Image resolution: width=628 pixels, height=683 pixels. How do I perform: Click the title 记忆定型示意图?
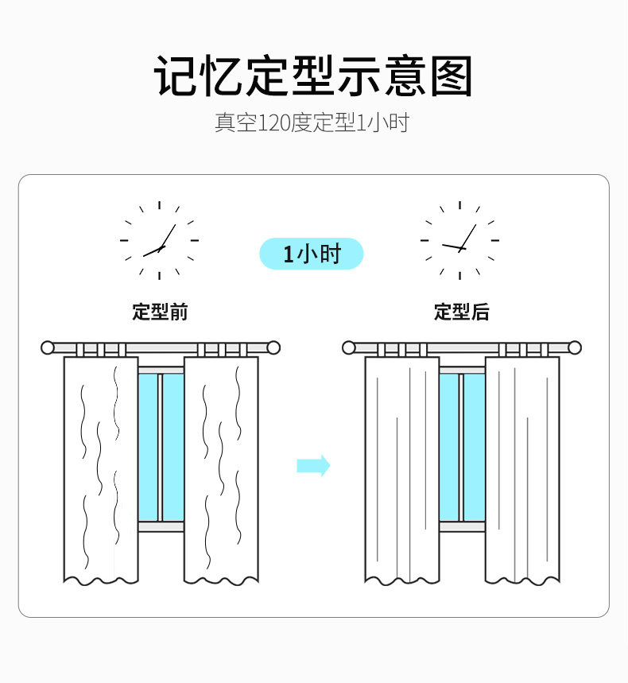[313, 76]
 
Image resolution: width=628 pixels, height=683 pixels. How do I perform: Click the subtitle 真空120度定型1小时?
[312, 123]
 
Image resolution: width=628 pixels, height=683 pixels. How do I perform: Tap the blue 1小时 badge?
[312, 254]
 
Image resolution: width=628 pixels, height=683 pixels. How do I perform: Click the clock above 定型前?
[159, 240]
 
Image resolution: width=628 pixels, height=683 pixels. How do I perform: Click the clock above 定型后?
[459, 240]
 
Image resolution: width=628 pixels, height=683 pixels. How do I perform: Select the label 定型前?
[160, 312]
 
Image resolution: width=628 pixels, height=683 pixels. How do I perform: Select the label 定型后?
[461, 312]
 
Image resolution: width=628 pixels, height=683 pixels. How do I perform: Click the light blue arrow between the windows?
[313, 465]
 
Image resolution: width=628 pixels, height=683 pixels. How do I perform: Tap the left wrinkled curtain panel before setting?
[101, 469]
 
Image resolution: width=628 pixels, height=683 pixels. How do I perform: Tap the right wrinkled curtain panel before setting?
[221, 469]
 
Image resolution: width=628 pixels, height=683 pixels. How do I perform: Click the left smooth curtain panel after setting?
[402, 469]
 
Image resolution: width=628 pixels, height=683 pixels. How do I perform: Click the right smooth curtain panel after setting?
[522, 469]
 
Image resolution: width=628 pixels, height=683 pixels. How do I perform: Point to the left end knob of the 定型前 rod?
[48, 347]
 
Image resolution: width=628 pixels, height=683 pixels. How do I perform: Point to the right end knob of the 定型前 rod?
[273, 347]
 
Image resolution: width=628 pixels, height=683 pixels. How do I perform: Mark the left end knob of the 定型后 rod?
[349, 347]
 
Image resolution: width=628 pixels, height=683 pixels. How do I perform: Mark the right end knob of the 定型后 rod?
[575, 347]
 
